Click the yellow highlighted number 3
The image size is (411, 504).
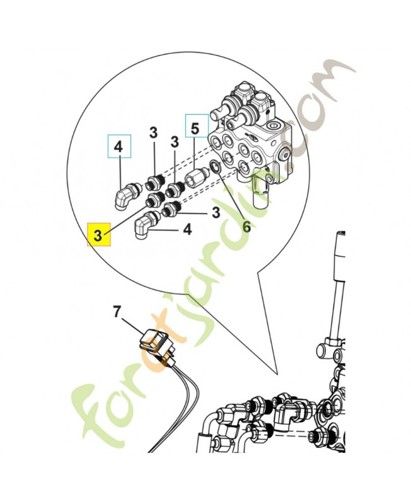[x=98, y=235]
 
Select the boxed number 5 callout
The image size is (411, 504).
[x=195, y=128]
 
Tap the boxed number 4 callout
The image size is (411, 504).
[x=119, y=148]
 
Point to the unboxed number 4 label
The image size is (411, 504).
[x=187, y=231]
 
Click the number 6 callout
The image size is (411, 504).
[x=246, y=226]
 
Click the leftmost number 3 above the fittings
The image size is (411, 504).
[x=153, y=132]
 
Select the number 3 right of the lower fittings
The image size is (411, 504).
[x=216, y=213]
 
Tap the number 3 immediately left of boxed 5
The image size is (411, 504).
[x=175, y=143]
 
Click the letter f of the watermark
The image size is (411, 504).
[x=95, y=409]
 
